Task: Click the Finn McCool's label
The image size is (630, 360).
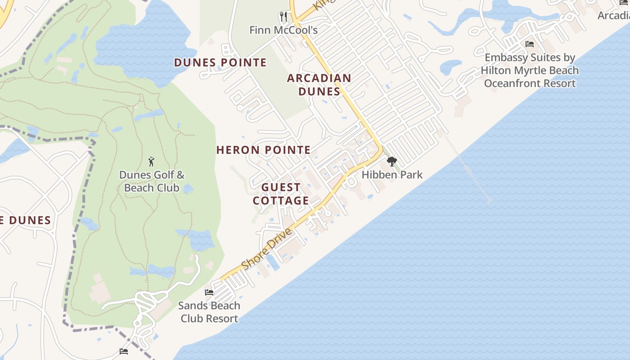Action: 283,30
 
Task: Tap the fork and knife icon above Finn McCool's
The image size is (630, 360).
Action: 283,17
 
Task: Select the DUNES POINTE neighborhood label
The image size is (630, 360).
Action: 220,63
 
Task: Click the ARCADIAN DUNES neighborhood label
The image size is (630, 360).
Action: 319,85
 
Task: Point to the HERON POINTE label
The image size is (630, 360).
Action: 264,150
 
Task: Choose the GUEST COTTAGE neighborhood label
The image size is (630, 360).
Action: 281,194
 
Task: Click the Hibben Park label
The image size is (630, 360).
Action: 392,175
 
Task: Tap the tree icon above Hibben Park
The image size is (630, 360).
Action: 391,162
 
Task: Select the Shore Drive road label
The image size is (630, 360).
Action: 267,248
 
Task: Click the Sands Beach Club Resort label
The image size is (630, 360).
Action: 209,312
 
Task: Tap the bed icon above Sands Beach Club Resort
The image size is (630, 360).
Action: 209,292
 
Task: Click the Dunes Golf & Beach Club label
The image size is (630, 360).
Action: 152,181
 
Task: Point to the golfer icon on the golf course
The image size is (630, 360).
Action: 151,162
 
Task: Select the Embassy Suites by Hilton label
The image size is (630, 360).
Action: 530,70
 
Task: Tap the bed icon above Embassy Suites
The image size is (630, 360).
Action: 530,44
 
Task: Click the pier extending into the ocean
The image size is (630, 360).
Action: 468,169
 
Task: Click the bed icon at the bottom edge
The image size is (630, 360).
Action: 124,351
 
